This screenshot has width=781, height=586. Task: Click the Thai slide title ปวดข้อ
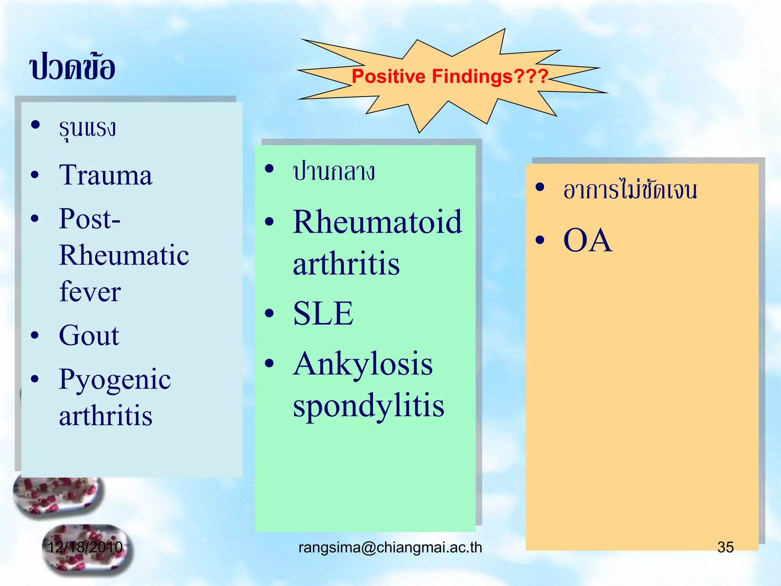click(72, 67)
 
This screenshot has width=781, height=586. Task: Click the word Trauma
click(106, 175)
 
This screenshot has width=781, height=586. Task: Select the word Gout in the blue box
click(89, 336)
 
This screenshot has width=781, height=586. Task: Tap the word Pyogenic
click(114, 380)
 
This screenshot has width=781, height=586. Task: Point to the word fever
click(90, 292)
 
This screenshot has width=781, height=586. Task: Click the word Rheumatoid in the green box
click(377, 222)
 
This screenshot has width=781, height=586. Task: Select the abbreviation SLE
click(323, 314)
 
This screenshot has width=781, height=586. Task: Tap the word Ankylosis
click(363, 364)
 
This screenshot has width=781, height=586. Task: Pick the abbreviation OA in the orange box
click(587, 240)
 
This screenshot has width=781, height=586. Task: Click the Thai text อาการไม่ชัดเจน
click(630, 190)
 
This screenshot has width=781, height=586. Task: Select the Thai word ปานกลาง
click(334, 172)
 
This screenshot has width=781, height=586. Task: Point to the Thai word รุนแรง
click(87, 128)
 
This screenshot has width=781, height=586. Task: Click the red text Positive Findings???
click(450, 76)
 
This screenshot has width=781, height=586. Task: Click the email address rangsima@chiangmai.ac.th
click(390, 547)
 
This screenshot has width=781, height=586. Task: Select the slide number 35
click(725, 547)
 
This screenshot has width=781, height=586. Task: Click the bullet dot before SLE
click(269, 314)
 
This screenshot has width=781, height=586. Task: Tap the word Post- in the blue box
click(90, 219)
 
